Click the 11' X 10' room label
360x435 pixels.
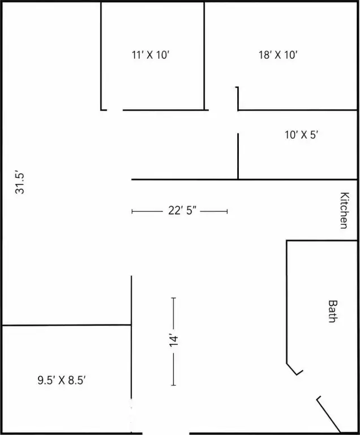pos(151,55)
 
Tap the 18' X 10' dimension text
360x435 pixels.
pos(278,55)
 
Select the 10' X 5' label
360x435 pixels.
pos(301,135)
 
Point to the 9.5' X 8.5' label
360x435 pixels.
pos(62,380)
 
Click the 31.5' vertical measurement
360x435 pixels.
pos(20,183)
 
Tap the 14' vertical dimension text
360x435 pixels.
pos(174,341)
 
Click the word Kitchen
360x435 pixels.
pos(344,210)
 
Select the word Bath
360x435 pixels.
pos(332,312)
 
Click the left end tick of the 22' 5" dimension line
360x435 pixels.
pos(132,211)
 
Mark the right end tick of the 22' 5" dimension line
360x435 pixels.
pos(227,211)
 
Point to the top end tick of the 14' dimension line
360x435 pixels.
pos(174,298)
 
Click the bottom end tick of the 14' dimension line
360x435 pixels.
pos(174,385)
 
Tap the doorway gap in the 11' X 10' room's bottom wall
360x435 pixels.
pos(115,110)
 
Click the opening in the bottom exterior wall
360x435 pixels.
pos(166,433)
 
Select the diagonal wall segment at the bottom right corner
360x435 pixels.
pos(329,415)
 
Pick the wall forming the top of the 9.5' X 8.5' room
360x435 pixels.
pos(67,325)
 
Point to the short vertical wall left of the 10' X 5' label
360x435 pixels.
pos(238,156)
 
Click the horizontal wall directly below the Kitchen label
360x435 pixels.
pos(322,241)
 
